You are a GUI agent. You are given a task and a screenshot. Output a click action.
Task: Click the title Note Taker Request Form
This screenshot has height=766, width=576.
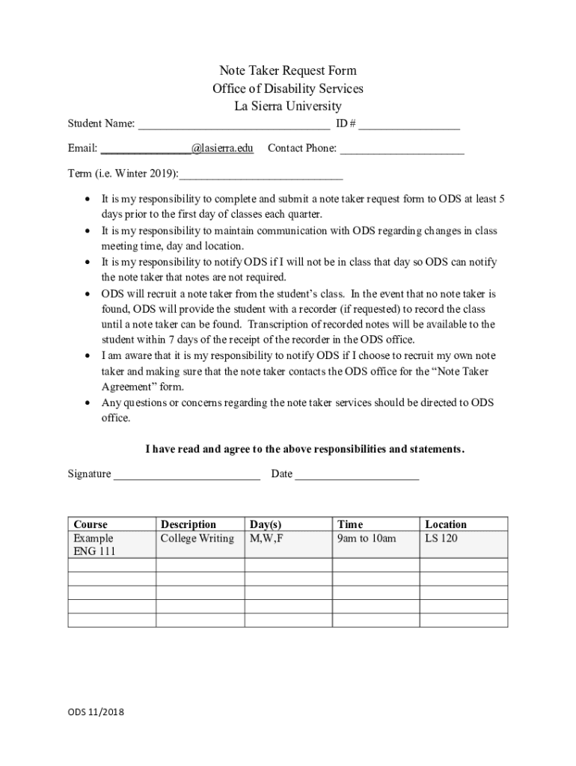[x=287, y=70]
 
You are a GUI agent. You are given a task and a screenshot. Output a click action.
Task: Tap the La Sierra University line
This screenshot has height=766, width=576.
[x=287, y=106]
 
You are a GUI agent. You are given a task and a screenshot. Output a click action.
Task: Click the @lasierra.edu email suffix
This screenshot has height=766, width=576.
[x=222, y=148]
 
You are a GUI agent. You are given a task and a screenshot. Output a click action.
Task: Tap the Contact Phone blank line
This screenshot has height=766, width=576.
[x=402, y=150]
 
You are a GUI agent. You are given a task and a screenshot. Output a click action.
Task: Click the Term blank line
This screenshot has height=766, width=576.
[x=261, y=176]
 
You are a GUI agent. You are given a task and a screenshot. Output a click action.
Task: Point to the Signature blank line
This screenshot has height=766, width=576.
[x=187, y=475]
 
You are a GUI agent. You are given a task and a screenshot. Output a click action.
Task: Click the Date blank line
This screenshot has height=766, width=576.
[x=357, y=475]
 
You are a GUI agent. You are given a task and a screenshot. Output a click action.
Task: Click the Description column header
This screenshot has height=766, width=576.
[x=189, y=524]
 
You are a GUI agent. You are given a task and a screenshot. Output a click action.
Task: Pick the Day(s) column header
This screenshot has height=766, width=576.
[x=266, y=524]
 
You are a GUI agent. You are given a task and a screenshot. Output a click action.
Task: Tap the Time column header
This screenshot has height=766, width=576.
[x=350, y=524]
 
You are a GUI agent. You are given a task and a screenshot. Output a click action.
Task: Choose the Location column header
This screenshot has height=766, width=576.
[x=445, y=524]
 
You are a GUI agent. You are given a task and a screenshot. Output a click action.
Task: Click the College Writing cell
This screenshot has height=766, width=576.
[x=197, y=539]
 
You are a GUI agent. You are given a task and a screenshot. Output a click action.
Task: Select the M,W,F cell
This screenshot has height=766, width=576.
[x=266, y=539]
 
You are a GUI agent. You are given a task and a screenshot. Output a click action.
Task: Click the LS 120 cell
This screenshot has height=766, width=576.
[x=441, y=539]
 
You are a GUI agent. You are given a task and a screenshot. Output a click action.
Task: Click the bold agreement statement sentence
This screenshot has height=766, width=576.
[x=304, y=450]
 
